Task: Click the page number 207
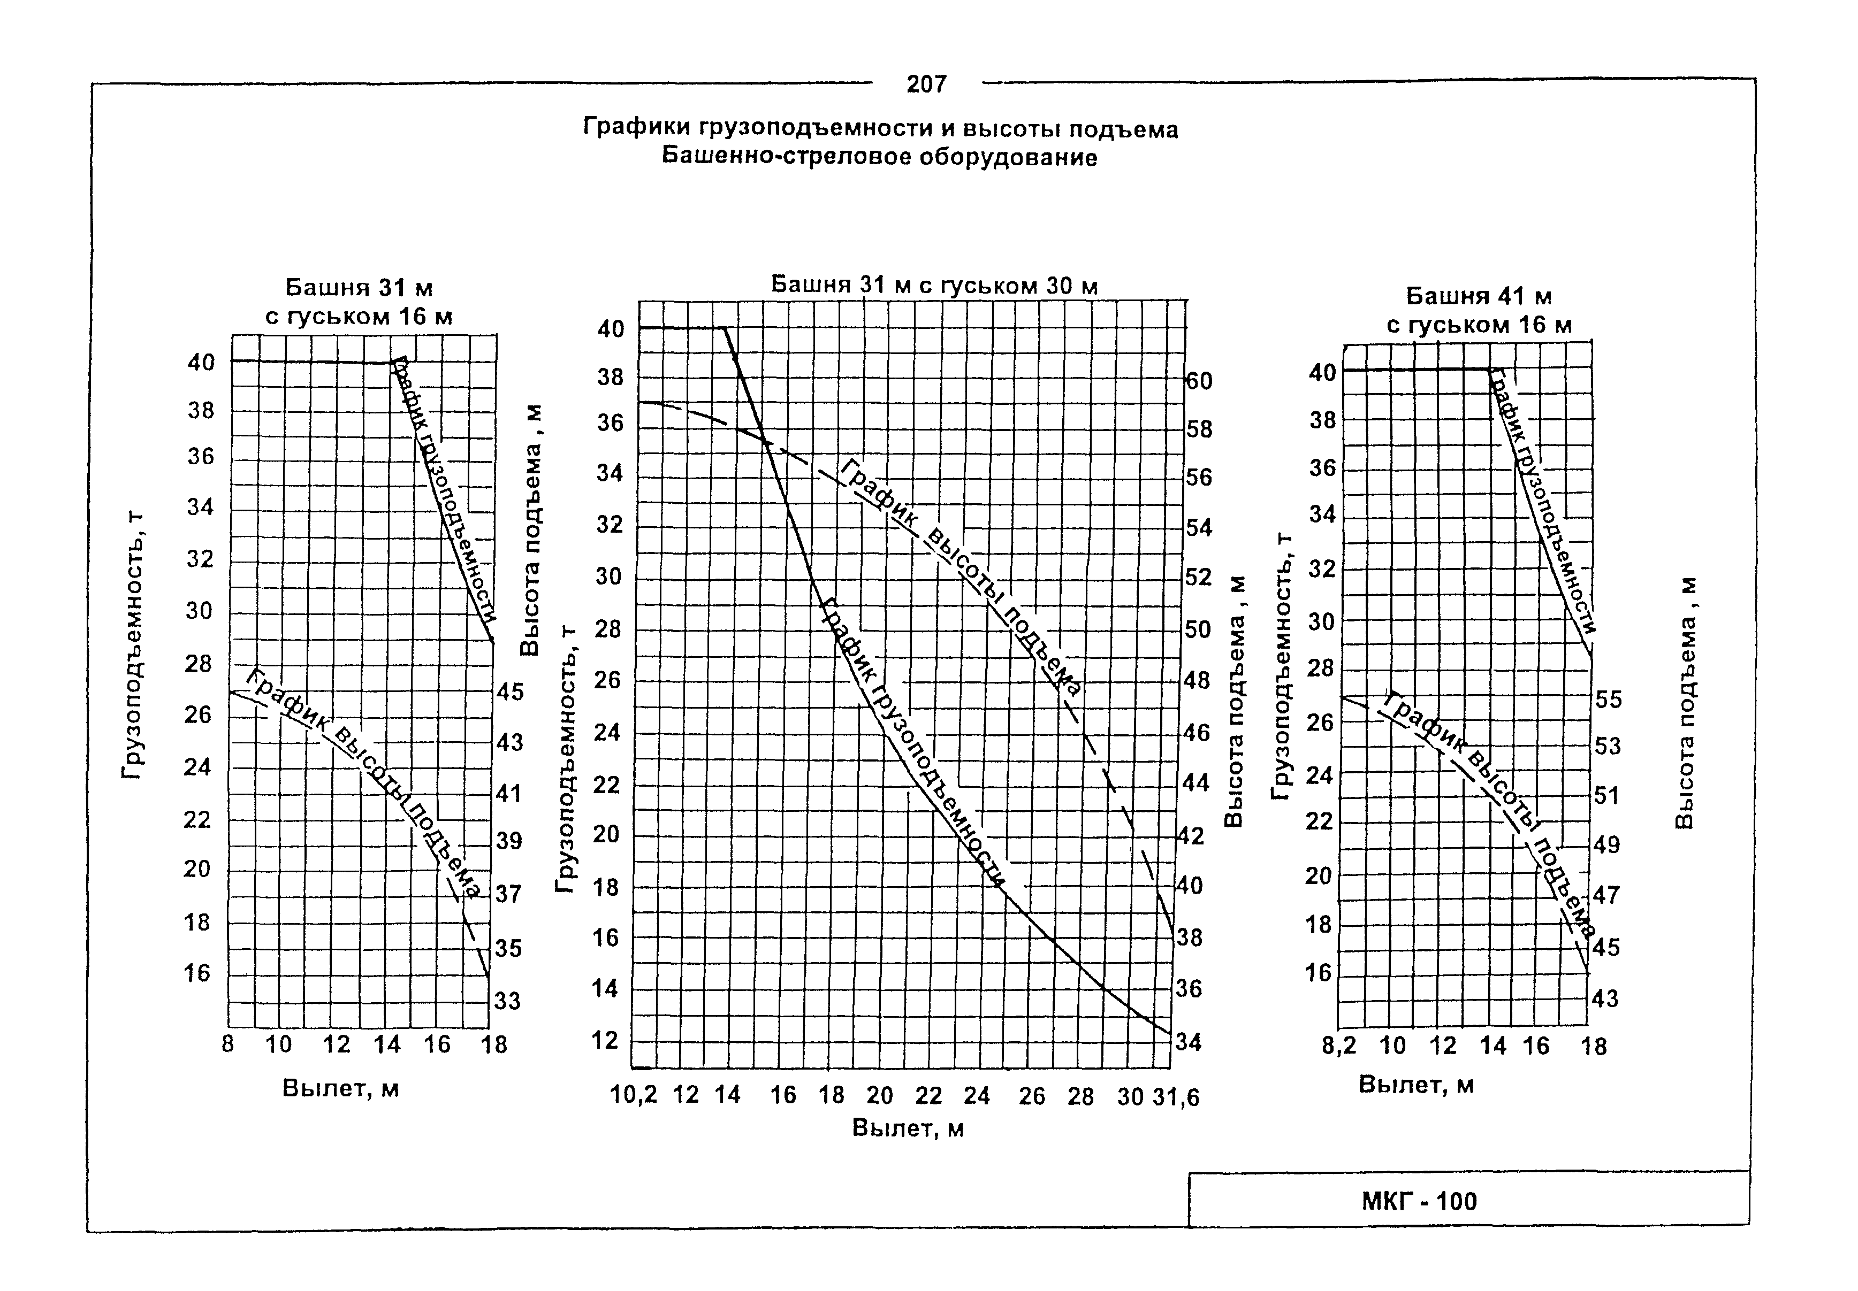point(926,84)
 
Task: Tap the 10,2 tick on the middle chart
point(634,1095)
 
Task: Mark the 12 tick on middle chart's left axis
point(605,1040)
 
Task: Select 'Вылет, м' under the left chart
point(341,1089)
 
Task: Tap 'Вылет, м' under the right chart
point(1416,1085)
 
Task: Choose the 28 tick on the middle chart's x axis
point(1080,1097)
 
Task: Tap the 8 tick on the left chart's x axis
point(228,1044)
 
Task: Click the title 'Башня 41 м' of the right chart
point(1479,296)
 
